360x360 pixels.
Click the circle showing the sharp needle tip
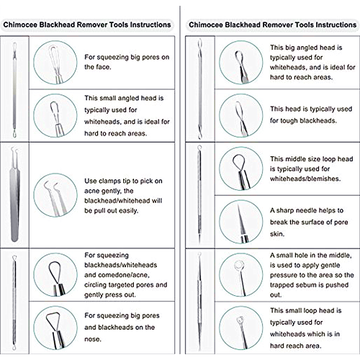point(241,222)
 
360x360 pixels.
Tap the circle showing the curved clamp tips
point(55,195)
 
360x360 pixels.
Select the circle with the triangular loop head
point(55,328)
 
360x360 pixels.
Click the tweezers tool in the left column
point(14,194)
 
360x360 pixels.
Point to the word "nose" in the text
point(92,339)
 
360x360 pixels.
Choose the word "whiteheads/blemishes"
point(305,179)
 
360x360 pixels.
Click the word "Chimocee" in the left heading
point(20,24)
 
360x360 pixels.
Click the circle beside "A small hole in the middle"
point(241,275)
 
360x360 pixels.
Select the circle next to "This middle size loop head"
point(241,168)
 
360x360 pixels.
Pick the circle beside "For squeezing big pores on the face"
point(55,63)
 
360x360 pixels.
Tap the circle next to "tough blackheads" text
point(241,115)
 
